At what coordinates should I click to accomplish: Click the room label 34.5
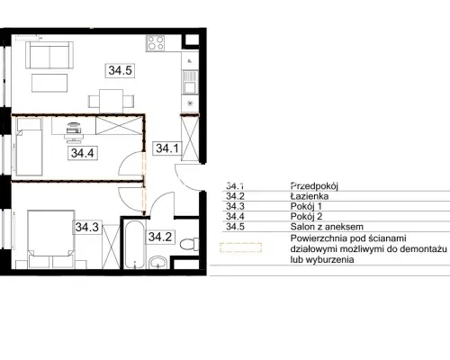(x=120, y=70)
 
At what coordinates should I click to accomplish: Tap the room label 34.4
(x=83, y=153)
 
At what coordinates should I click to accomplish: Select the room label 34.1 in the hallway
(x=167, y=148)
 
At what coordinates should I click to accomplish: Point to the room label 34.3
(x=87, y=227)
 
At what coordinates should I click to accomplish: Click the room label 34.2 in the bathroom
(x=160, y=237)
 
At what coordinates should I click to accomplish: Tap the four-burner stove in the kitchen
(x=156, y=43)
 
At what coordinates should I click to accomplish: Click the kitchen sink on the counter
(x=190, y=82)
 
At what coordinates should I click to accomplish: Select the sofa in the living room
(x=49, y=55)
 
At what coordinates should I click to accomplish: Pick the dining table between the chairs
(x=112, y=101)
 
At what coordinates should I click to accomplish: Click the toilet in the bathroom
(x=190, y=244)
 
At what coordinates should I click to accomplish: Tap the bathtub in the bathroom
(x=134, y=245)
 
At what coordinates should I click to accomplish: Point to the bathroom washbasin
(x=157, y=262)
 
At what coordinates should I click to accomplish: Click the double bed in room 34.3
(x=51, y=239)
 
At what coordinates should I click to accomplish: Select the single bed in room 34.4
(x=29, y=147)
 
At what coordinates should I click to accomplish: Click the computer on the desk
(x=74, y=129)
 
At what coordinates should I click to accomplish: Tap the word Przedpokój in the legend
(x=314, y=186)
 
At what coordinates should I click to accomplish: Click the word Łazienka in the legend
(x=310, y=196)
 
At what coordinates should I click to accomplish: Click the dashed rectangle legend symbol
(x=241, y=247)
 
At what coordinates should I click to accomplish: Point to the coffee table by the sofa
(x=49, y=83)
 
